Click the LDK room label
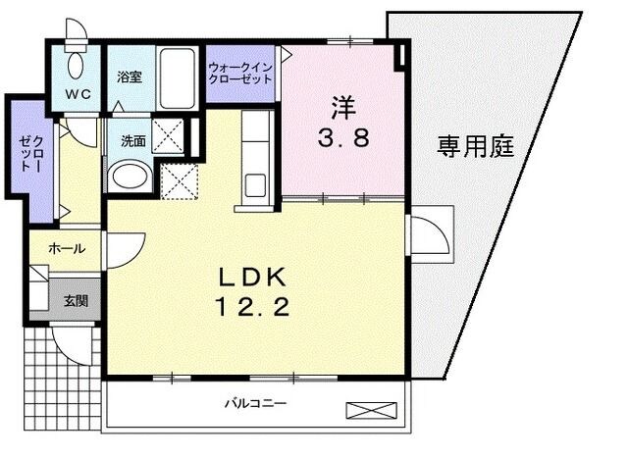(251, 277)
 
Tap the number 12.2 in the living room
(251, 308)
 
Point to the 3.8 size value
(341, 137)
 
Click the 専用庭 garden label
(475, 148)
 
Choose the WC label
(78, 94)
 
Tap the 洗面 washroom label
(132, 140)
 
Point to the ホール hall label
(66, 249)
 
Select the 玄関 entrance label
(75, 300)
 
